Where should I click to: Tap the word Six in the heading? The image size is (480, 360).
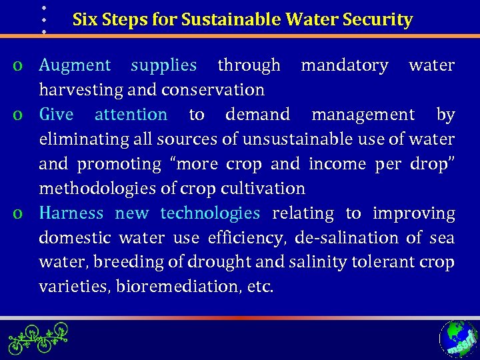click(84, 20)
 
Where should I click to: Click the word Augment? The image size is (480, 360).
click(75, 65)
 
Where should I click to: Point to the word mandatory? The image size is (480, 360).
click(344, 65)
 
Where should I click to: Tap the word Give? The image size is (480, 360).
click(56, 115)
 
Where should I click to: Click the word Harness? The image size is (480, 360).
click(71, 213)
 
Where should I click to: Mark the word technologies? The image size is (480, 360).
click(210, 213)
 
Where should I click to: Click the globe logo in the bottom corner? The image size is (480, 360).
click(458, 339)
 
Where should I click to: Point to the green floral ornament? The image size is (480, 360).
click(38, 339)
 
